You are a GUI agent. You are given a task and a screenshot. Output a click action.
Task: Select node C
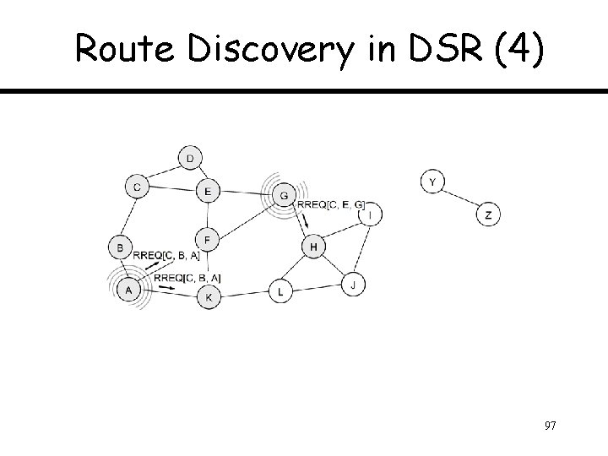coord(136,186)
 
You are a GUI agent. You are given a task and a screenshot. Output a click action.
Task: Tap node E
coord(208,192)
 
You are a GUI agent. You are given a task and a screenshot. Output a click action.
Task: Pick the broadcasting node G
coord(284,196)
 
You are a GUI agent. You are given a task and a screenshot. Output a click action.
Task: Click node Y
coord(432,182)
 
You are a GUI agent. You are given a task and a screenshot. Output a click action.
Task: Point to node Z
coord(488,215)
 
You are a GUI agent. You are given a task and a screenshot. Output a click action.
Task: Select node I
coord(370,215)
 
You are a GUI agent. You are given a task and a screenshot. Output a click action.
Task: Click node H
coord(313,247)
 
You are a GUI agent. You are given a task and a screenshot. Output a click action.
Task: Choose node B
coord(121,248)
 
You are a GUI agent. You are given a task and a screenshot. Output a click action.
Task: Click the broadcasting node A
coord(128,290)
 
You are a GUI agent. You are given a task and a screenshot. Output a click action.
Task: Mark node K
coord(208,297)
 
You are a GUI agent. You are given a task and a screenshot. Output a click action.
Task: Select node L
coord(280,292)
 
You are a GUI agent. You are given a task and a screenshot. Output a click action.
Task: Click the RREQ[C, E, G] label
coord(331,204)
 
